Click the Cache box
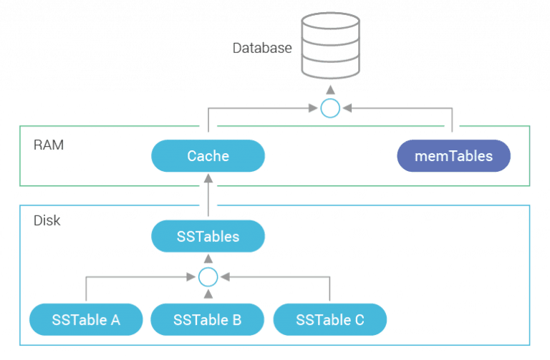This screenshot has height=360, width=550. click(208, 155)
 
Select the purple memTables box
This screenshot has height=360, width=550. click(454, 155)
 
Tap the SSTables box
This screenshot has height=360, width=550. click(208, 236)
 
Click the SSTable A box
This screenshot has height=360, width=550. click(86, 319)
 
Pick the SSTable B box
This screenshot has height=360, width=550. click(208, 319)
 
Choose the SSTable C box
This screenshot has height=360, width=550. click(330, 319)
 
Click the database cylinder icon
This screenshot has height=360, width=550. click(329, 44)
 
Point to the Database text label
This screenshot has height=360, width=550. click(261, 49)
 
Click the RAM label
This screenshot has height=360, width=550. click(49, 145)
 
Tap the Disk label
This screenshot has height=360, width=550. click(47, 221)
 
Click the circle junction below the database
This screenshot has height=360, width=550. click(329, 109)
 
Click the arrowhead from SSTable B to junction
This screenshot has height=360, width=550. click(208, 294)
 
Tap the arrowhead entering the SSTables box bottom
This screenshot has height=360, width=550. click(208, 257)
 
